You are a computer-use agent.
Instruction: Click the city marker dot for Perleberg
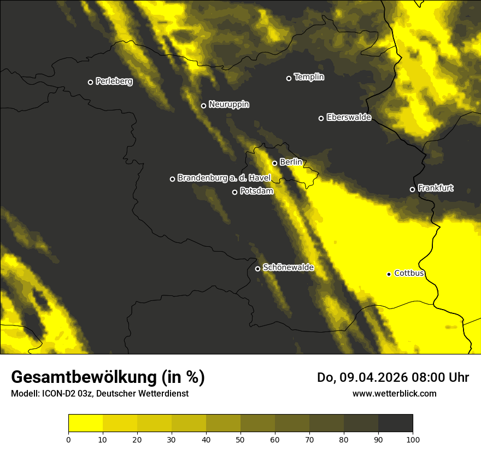coord(91,82)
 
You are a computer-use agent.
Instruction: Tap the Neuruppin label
coord(229,104)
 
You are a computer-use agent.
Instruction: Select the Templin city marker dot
coord(289,78)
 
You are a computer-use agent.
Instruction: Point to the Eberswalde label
coord(349,117)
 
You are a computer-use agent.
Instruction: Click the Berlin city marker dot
coord(275,163)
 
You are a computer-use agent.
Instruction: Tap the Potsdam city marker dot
coord(235,192)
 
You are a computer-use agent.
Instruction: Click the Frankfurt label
coord(436,188)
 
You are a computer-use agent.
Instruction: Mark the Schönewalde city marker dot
coord(258,269)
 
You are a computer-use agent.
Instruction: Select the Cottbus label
coord(409,273)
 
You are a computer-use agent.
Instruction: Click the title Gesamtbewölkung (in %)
coord(108,377)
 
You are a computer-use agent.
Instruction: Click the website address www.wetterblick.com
coord(395,393)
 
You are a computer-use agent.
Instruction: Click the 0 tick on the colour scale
coord(68,439)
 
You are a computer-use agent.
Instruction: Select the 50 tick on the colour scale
coord(241,439)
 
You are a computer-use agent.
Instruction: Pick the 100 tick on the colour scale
coord(413,439)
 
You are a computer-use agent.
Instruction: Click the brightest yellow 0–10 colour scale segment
coord(86,423)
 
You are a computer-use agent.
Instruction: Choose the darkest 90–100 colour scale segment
coord(395,423)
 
